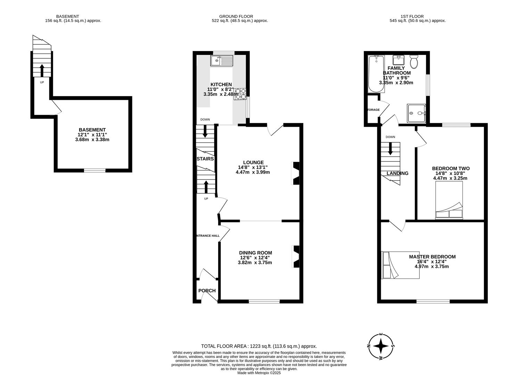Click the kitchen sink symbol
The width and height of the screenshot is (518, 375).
(222, 61)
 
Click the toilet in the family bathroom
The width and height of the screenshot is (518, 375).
(414, 62)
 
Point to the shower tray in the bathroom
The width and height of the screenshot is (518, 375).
(416, 113)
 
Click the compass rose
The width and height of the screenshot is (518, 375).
(381, 346)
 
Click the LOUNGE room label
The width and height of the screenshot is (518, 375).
(253, 162)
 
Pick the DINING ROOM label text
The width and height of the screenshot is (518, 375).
(255, 253)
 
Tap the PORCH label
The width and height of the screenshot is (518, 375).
(207, 291)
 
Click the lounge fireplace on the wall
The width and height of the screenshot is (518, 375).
(295, 173)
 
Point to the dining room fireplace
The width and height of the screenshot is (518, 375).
(296, 256)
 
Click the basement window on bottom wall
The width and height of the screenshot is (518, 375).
(95, 170)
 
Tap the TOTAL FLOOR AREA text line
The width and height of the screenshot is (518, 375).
(259, 346)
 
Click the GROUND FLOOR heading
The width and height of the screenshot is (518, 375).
(236, 16)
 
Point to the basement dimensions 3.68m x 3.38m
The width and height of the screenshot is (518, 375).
(92, 140)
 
